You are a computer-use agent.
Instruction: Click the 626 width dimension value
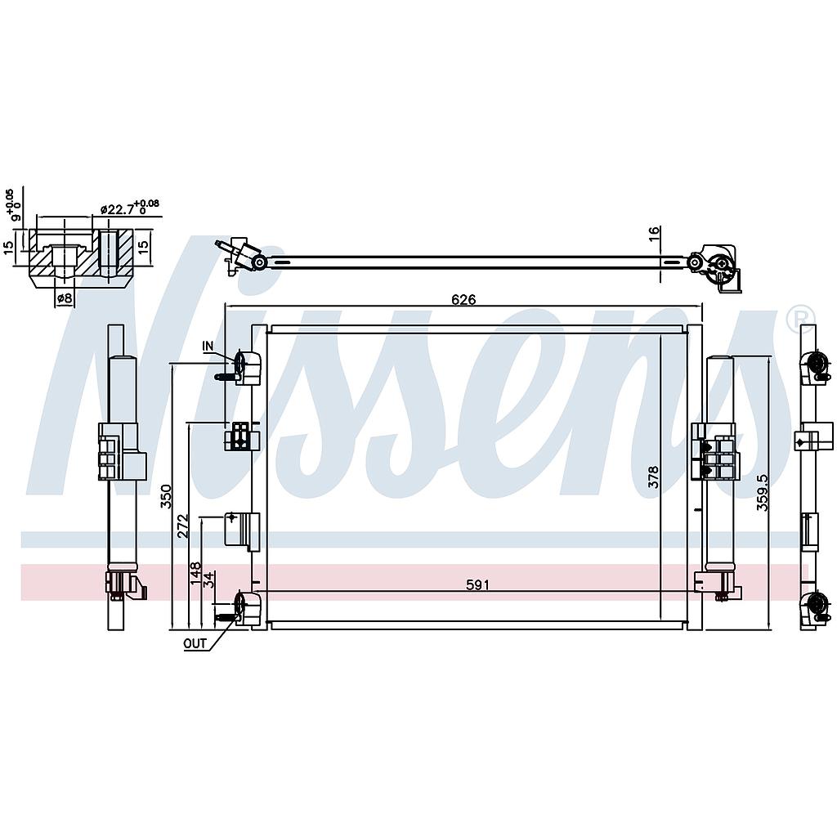pos(463,300)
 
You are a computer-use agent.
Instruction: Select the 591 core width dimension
pos(477,584)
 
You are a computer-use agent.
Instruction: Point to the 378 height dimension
pos(653,477)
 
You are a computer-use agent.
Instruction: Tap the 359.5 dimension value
pos(762,493)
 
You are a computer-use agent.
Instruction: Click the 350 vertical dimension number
pos(166,496)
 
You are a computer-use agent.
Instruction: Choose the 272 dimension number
pos(183,526)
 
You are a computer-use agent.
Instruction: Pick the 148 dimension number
pos(195,570)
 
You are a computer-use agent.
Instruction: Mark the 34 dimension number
pos(209,580)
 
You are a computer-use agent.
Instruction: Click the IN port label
pos(208,347)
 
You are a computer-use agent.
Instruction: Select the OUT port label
pos(195,643)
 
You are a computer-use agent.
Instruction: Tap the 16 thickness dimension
pos(654,233)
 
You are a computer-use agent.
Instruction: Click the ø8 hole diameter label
pos(64,299)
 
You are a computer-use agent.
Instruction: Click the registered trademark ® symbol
pos(800,319)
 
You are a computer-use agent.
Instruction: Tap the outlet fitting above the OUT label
pos(244,608)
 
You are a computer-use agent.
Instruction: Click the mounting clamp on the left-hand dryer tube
pos(119,454)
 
